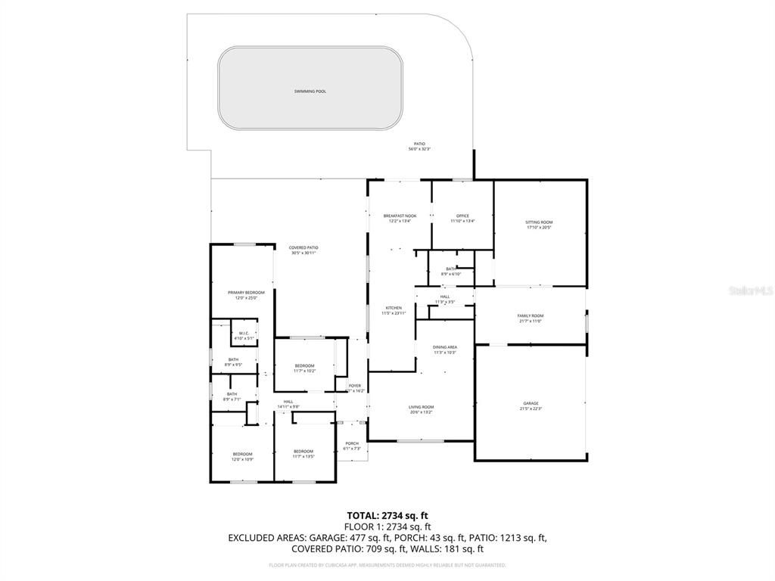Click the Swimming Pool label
(x=310, y=92)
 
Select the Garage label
(x=531, y=403)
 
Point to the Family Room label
(x=531, y=315)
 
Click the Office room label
(x=462, y=216)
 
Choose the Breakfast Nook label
(x=400, y=216)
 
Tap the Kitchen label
(x=394, y=308)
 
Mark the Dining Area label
(x=445, y=347)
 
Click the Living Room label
(x=421, y=407)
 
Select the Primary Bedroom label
(x=246, y=292)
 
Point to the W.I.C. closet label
(x=244, y=334)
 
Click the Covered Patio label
(x=303, y=247)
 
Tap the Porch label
(x=352, y=443)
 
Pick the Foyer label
(x=355, y=386)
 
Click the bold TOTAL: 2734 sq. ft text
(x=387, y=515)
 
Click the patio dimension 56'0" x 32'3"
(x=419, y=149)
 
